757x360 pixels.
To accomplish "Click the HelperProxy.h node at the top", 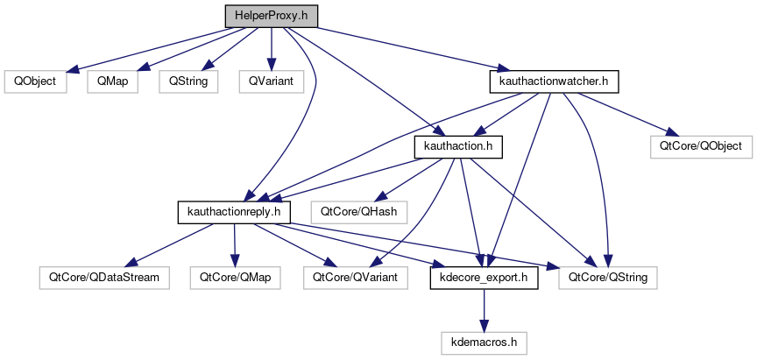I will [271, 17].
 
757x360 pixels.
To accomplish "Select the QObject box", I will [30, 81].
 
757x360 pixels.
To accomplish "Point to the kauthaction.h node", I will [457, 146].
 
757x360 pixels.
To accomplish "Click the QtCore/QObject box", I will [702, 146].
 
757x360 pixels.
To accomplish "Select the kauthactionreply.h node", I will [234, 211].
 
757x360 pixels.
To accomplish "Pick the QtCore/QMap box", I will [236, 277].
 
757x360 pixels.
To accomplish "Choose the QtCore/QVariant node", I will [350, 277].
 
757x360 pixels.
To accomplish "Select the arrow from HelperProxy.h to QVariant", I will [271, 49].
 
